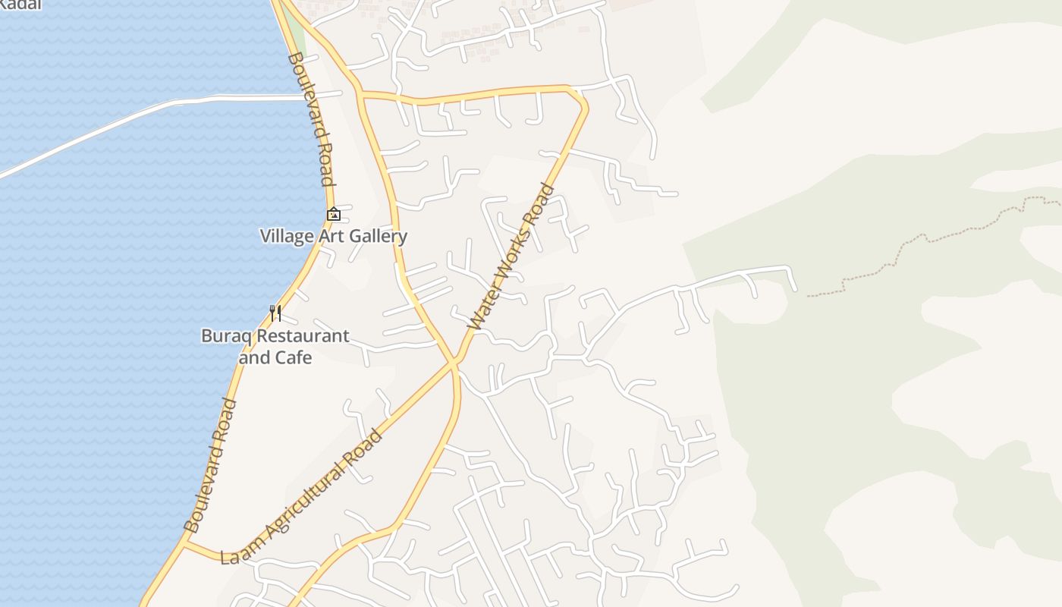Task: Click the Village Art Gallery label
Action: (x=334, y=236)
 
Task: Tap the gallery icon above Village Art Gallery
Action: (x=334, y=215)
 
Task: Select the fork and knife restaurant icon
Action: (x=275, y=313)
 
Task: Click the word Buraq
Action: (x=226, y=335)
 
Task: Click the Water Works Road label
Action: (x=512, y=256)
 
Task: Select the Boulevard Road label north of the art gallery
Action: (x=310, y=118)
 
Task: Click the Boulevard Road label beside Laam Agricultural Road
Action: (x=211, y=465)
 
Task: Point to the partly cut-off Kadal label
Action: (x=20, y=5)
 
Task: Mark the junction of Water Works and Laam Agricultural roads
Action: (x=455, y=363)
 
